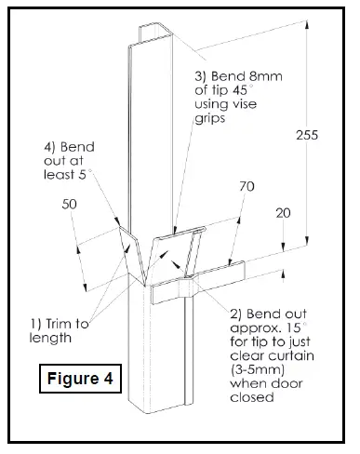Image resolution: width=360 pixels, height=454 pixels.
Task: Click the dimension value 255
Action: tap(308, 135)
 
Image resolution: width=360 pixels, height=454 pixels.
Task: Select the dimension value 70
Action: tap(246, 187)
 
